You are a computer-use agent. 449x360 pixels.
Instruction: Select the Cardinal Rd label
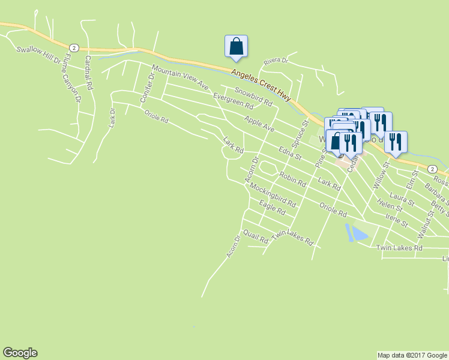coord(88,73)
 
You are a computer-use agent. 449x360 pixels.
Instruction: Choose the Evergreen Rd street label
coord(234,100)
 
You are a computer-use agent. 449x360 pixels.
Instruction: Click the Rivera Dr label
coord(277,61)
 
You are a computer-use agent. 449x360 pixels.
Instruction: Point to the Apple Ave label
coord(259,124)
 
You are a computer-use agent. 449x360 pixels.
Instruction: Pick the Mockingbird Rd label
coord(273,195)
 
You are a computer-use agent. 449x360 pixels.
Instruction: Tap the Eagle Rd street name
coord(272,208)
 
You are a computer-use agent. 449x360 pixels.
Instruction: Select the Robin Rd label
coord(293,178)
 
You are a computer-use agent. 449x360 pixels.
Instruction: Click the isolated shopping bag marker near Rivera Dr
coord(236,46)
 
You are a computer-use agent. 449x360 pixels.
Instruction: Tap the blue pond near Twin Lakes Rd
coord(357,232)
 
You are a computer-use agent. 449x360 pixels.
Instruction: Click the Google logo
coord(20,353)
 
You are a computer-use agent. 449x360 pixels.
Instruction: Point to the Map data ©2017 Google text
coord(412,355)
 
